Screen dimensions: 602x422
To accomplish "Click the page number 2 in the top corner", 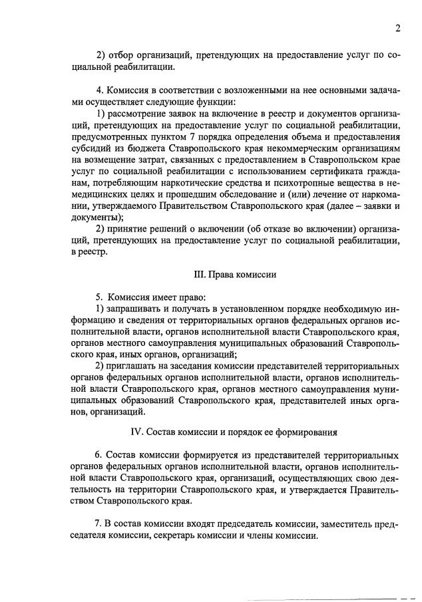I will click(x=397, y=29).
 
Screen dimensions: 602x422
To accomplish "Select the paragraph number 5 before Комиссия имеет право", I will click(x=98, y=297).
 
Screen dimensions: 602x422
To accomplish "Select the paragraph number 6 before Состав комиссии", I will click(x=98, y=456).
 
